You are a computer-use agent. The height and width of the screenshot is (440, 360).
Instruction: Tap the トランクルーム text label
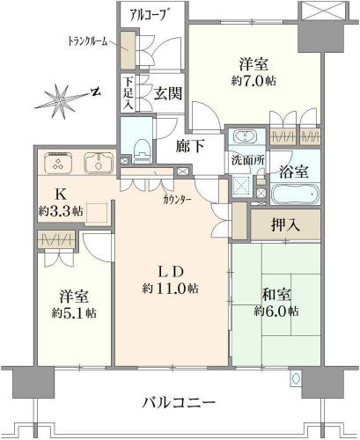87,41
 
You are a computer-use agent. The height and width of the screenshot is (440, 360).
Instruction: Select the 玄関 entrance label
168,93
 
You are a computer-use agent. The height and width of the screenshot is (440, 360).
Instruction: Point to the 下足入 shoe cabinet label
129,93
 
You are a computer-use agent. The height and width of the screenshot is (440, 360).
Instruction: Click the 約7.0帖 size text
253,81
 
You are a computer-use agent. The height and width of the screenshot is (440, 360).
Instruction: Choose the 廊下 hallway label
190,146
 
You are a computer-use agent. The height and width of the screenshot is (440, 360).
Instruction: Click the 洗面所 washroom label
248,161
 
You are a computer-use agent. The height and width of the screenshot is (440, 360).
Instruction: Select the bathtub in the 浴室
295,194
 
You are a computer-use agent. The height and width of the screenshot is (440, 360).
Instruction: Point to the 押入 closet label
285,225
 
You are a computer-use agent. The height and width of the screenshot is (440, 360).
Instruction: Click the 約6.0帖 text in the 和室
276,311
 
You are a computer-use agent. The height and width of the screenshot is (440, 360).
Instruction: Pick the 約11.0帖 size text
171,289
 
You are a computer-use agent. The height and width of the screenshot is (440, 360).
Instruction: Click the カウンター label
177,200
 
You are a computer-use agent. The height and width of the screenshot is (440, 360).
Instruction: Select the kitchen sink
99,163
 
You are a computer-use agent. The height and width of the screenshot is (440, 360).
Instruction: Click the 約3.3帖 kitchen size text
61,210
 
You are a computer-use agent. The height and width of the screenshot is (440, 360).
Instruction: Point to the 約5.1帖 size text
74,313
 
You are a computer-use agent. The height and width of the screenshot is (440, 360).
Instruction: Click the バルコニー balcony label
179,402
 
